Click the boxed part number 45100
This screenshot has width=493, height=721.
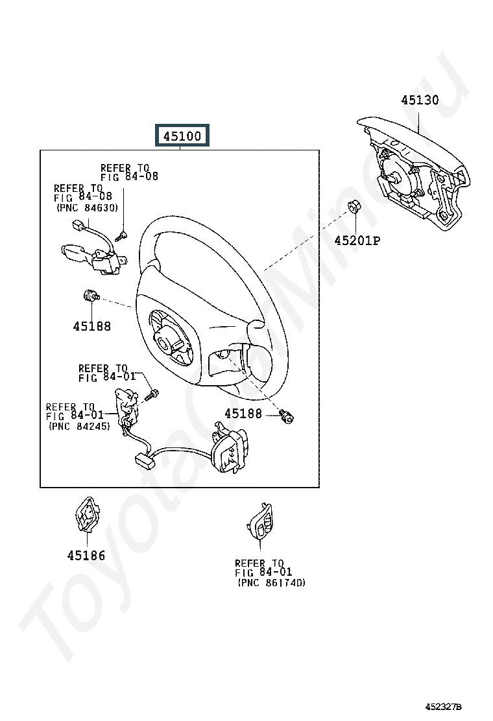point(182,136)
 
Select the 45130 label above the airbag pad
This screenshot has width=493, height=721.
point(419,100)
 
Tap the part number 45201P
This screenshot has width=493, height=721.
point(357,241)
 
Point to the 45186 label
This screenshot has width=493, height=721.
point(86,556)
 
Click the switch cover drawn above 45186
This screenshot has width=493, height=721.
point(86,515)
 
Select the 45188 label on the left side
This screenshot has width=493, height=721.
point(91,326)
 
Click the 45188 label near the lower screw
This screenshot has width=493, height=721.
point(243,413)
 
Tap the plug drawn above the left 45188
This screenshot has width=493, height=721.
point(90,297)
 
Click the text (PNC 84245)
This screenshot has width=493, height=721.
point(78,427)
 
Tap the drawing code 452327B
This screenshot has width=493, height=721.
point(444,705)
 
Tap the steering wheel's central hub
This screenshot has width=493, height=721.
point(170,337)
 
